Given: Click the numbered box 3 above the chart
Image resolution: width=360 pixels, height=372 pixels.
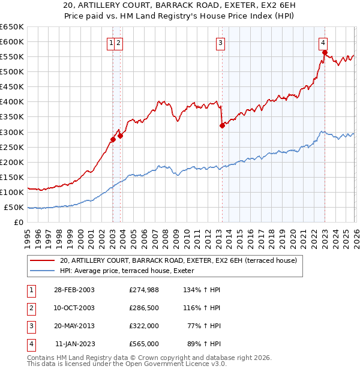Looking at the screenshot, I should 221,43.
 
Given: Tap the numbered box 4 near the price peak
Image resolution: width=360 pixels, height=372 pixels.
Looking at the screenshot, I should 323,43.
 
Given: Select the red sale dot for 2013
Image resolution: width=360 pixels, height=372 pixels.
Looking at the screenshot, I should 222,125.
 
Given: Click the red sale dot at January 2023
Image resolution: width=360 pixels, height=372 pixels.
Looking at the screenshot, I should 325,52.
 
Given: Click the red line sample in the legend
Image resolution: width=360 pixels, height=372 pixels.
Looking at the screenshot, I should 42,261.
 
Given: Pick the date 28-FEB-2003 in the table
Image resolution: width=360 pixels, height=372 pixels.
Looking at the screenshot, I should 74,290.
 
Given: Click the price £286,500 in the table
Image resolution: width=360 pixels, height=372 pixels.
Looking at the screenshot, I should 143,308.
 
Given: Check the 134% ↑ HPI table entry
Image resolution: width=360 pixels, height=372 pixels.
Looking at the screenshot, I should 203,290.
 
